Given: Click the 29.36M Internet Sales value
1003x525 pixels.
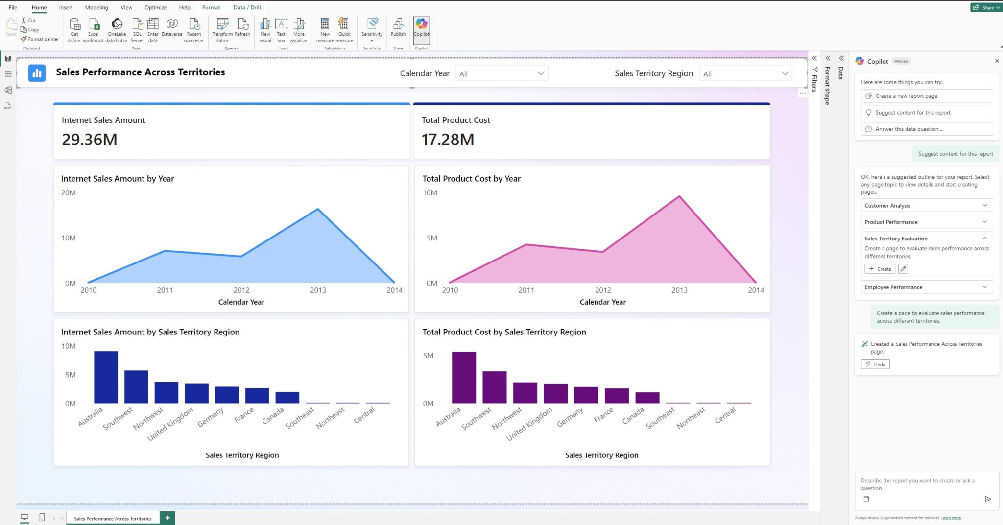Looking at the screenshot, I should coord(90,140).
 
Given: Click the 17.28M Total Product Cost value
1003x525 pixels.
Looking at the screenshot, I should coord(448,140).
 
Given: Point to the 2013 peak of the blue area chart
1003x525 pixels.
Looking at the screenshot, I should coord(318,210).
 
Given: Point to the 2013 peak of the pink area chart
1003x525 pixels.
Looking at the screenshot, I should coord(679,196).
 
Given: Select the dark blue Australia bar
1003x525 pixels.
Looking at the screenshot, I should coord(106,377).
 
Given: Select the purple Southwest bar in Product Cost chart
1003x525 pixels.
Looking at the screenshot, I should coord(494,387).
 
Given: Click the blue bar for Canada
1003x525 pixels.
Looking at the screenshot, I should coord(287,397).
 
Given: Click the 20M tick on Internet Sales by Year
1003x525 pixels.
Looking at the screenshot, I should coord(69,193).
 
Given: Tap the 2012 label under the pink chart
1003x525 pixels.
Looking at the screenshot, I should coord(603,290).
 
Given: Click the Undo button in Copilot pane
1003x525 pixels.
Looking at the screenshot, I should coord(875,364).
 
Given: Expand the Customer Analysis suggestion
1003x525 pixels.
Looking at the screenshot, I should coord(926,206).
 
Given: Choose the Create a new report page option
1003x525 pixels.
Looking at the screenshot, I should coord(926,96).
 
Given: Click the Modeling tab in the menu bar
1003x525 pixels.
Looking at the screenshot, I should coord(96,7).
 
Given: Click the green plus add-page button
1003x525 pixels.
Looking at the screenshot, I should coord(167,518).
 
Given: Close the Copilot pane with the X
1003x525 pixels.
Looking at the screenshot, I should coord(997,61).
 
